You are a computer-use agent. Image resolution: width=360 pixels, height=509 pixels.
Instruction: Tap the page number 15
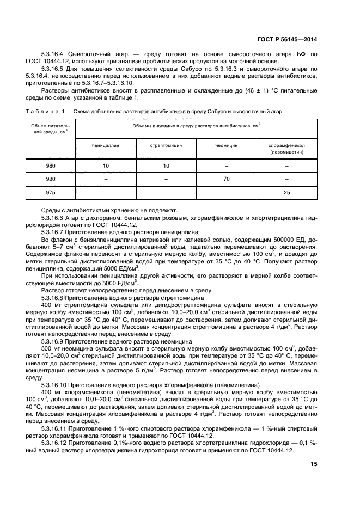point(314,464)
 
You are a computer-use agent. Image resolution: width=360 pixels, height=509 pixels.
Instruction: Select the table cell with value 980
point(50,165)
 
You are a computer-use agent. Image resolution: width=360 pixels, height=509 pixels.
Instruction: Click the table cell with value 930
point(50,179)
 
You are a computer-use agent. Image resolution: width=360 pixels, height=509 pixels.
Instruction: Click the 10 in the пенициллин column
point(106,165)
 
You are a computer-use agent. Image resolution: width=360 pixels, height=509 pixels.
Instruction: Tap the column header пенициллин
point(106,145)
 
